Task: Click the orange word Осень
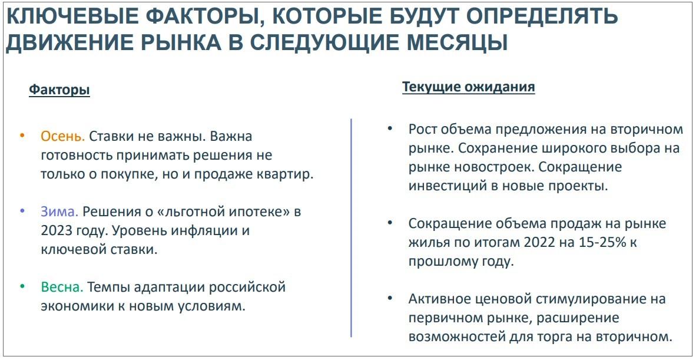click(x=63, y=136)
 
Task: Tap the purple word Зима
click(x=59, y=212)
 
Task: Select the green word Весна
click(x=62, y=287)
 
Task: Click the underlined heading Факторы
click(x=59, y=90)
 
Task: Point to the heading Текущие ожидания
click(x=469, y=87)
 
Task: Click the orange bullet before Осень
click(x=22, y=135)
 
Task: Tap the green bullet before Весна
click(x=22, y=286)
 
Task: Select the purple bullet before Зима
click(x=22, y=210)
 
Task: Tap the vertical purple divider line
click(x=352, y=227)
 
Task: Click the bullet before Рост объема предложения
click(x=390, y=128)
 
